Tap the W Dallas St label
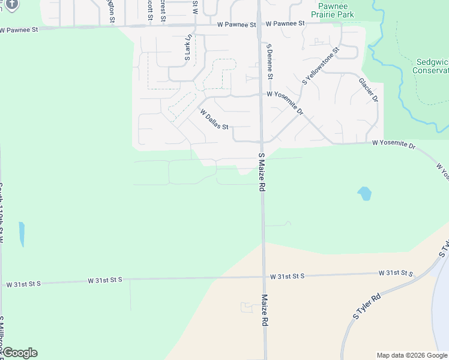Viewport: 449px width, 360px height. click(x=215, y=119)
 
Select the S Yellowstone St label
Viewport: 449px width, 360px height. click(x=321, y=66)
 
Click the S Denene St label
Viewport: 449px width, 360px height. click(x=270, y=62)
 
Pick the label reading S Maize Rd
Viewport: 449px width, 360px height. click(x=262, y=172)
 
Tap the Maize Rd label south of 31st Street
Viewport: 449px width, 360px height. click(x=264, y=310)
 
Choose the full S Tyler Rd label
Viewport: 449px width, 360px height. click(x=367, y=307)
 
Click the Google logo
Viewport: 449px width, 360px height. click(x=19, y=353)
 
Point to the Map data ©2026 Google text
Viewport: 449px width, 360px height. click(x=412, y=355)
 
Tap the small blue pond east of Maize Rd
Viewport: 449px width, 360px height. click(x=364, y=193)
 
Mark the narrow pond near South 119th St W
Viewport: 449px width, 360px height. click(x=22, y=234)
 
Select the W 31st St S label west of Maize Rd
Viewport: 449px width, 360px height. click(x=105, y=280)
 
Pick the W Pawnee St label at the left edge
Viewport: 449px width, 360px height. click(x=19, y=29)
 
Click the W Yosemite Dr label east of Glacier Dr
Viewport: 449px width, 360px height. click(x=394, y=144)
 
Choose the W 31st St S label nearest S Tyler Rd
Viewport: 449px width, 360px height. click(x=396, y=274)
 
